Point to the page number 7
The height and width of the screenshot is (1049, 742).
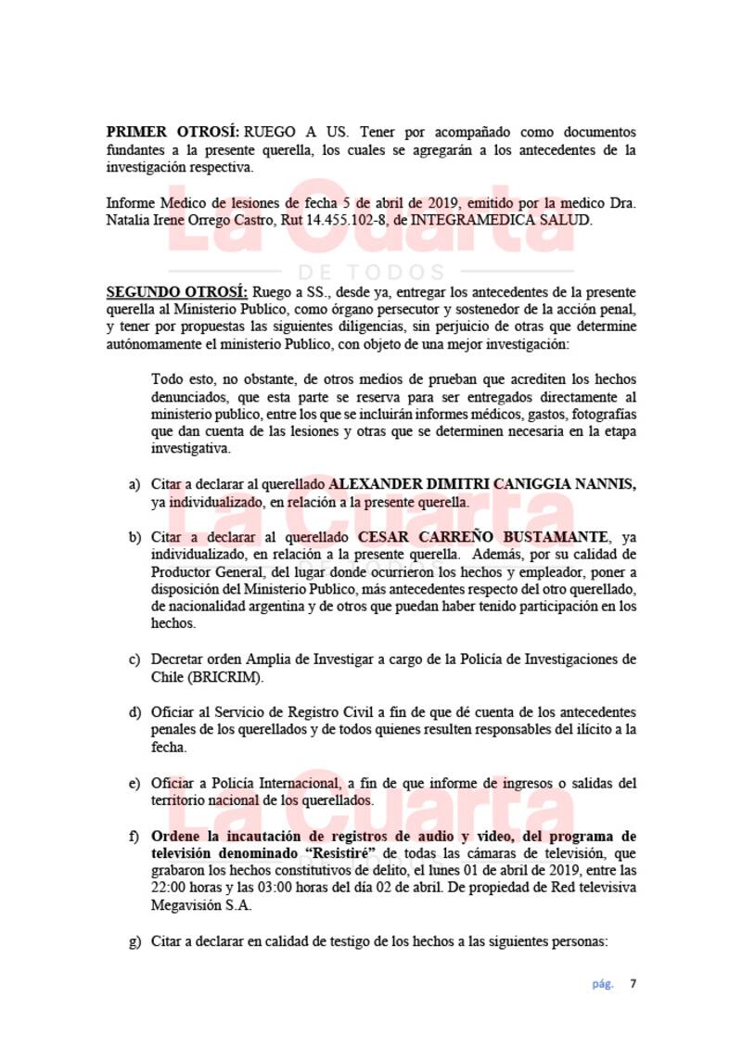point(633,984)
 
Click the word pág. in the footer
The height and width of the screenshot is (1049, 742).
point(603,984)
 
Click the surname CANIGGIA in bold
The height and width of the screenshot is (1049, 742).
point(519,485)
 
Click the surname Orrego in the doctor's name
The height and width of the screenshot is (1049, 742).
point(239,220)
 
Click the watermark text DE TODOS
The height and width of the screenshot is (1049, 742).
point(371,272)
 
